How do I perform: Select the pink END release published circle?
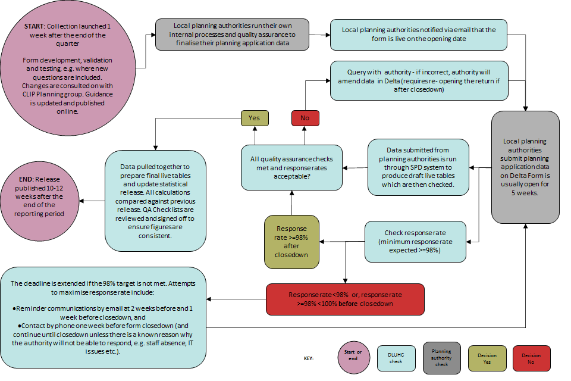tap(40, 201)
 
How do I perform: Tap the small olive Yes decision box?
tap(254, 118)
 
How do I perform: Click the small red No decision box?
tap(305, 118)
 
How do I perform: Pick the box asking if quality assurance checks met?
tap(291, 168)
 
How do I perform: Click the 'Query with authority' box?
tap(419, 80)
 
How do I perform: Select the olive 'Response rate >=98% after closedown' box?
tap(291, 241)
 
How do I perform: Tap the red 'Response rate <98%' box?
tap(345, 299)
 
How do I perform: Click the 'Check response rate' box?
tap(415, 241)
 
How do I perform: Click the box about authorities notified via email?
tap(419, 34)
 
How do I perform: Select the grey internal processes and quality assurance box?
tap(233, 34)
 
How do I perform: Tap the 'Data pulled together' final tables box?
tap(156, 201)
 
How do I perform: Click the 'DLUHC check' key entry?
tap(396, 358)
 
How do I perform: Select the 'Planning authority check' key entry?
tap(441, 358)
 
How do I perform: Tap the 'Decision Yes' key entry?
tap(488, 358)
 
